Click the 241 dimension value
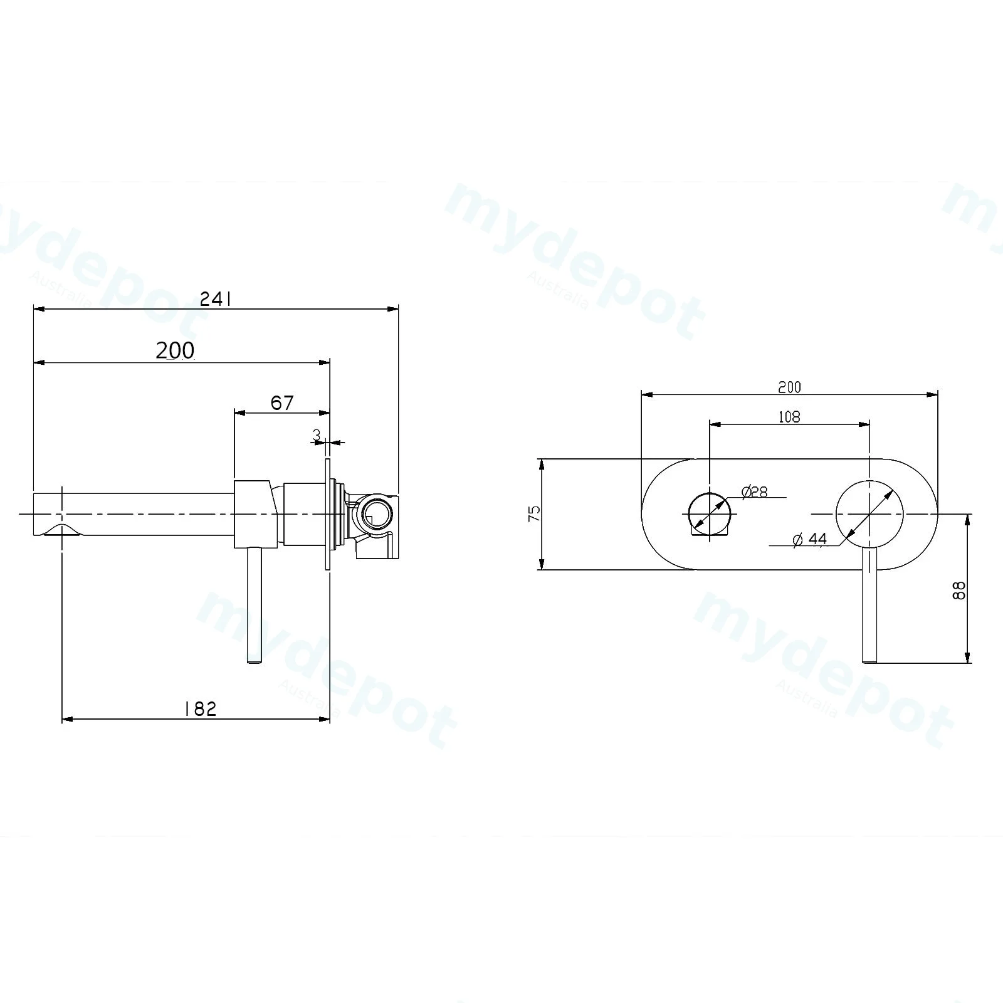[216, 300]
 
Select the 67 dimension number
[282, 402]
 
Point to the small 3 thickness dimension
[317, 434]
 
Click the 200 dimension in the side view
[175, 350]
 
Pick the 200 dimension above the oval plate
[789, 387]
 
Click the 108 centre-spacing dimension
[789, 416]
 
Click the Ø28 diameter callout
[754, 492]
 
